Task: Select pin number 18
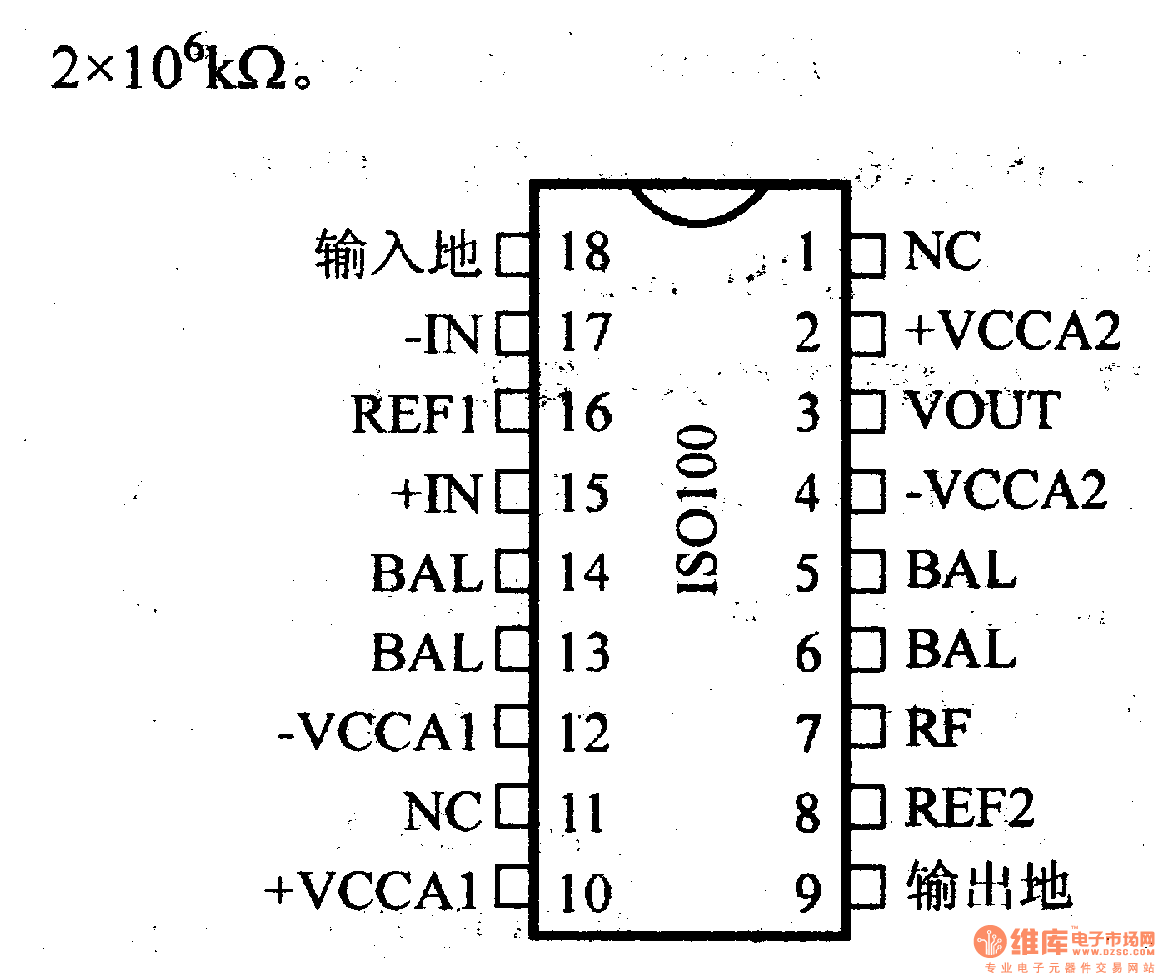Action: pos(584,252)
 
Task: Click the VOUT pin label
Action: pos(981,411)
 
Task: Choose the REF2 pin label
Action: pos(969,809)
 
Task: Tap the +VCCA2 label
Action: pos(1012,332)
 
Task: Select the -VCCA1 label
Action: pos(377,733)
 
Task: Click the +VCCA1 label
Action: pos(371,892)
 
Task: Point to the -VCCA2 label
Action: pos(1006,492)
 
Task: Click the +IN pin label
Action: pos(436,494)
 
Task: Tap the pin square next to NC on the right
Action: pos(867,253)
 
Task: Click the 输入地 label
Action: pos(398,253)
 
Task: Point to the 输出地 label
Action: pos(988,888)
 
